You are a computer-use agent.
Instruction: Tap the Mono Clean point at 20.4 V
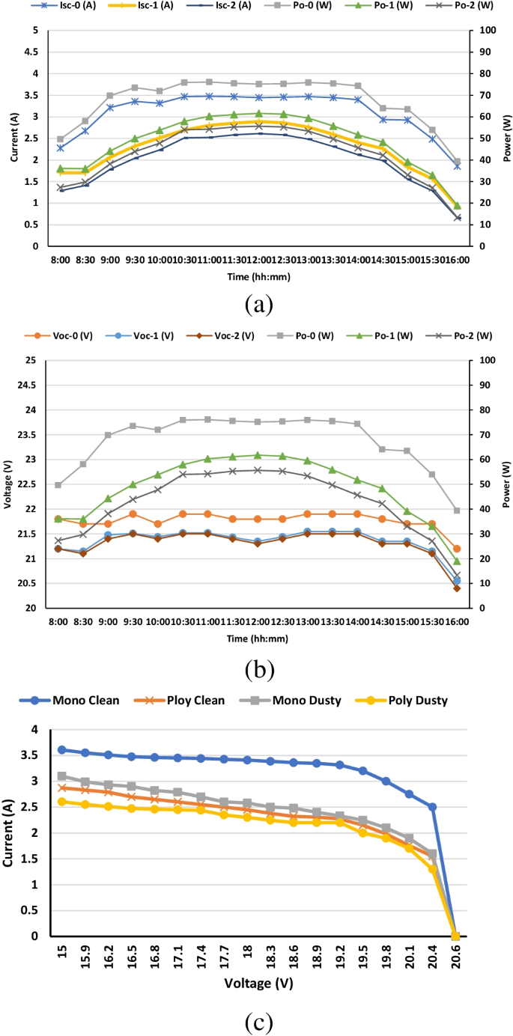(x=432, y=807)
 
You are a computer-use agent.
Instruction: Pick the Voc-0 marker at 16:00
(x=457, y=549)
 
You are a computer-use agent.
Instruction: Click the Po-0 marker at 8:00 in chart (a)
(x=60, y=139)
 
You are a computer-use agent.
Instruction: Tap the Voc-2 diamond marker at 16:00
(x=457, y=588)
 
